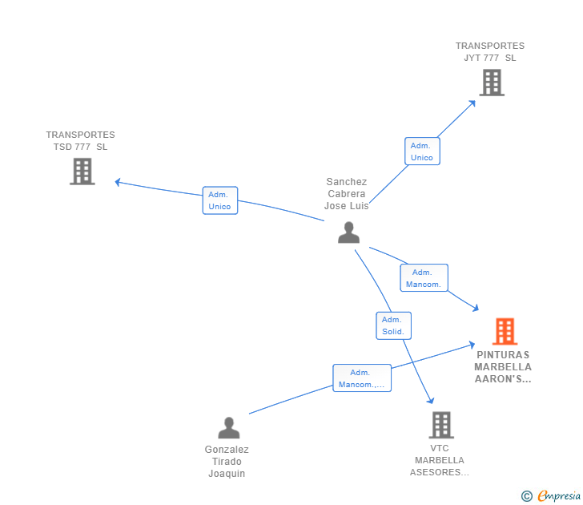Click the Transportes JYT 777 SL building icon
pyautogui.click(x=492, y=83)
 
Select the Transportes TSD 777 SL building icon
pyautogui.click(x=82, y=172)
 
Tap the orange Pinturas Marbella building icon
pyautogui.click(x=505, y=331)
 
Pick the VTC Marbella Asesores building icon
pyautogui.click(x=441, y=425)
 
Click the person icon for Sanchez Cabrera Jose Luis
pyautogui.click(x=349, y=232)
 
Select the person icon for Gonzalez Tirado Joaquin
pyautogui.click(x=229, y=428)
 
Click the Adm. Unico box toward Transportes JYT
pyautogui.click(x=422, y=151)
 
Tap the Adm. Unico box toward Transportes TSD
pyautogui.click(x=220, y=200)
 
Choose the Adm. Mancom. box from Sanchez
pyautogui.click(x=424, y=277)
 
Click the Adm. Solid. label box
pyautogui.click(x=393, y=325)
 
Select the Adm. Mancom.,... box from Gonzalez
pyautogui.click(x=362, y=378)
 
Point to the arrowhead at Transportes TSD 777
pyautogui.click(x=118, y=182)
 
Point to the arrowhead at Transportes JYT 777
pyautogui.click(x=472, y=103)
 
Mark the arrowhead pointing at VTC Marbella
pyautogui.click(x=431, y=401)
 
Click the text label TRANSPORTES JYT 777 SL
pyautogui.click(x=490, y=52)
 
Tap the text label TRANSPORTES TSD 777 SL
pyautogui.click(x=80, y=140)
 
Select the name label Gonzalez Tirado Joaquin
pyautogui.click(x=227, y=462)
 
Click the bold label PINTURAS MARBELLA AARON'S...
pyautogui.click(x=503, y=367)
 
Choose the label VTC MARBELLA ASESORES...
pyautogui.click(x=440, y=460)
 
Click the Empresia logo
pyautogui.click(x=551, y=496)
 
